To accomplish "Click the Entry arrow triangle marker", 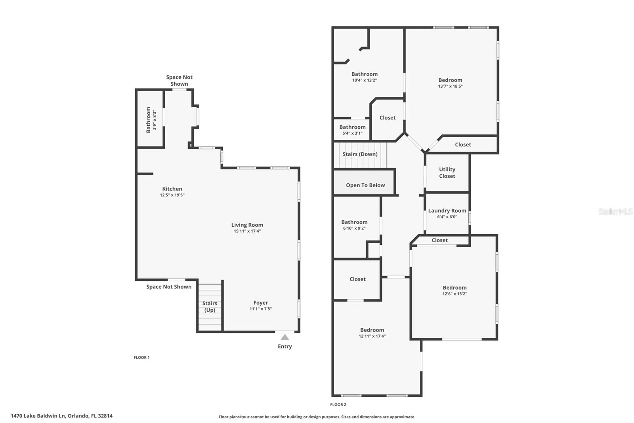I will [285, 337].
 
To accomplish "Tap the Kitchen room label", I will [172, 189].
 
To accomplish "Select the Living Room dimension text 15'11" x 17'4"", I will [247, 231].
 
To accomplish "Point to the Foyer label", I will [261, 303].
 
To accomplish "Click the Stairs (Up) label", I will [210, 307].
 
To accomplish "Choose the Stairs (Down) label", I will [360, 154].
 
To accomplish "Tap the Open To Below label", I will [365, 185].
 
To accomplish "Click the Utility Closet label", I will [447, 173].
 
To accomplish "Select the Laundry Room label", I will [447, 211].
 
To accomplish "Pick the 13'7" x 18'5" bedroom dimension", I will [450, 86].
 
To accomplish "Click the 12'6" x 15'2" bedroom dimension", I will [454, 294].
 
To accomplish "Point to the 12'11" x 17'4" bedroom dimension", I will [372, 336].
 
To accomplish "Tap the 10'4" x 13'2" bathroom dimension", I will [364, 80].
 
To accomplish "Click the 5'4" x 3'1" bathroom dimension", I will [352, 133].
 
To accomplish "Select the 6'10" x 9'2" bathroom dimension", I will [354, 228].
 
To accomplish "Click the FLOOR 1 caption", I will [141, 358].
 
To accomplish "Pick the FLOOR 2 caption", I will [338, 405].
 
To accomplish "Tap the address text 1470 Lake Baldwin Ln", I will [38, 416].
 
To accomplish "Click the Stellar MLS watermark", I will [615, 211].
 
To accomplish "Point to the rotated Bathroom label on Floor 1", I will [149, 119].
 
